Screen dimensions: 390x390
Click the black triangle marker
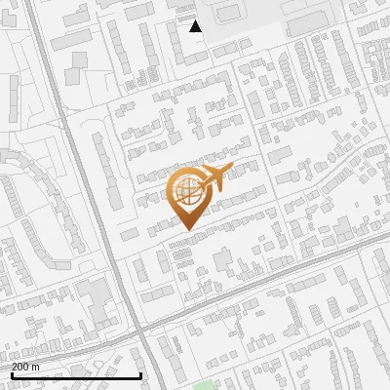click(x=196, y=26)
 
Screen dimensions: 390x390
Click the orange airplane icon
click(x=214, y=179)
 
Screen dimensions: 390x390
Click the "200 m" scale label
click(x=26, y=367)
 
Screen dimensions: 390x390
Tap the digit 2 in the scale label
click(x=16, y=367)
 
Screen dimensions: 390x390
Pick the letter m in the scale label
click(x=36, y=368)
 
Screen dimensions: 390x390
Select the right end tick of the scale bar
click(x=141, y=374)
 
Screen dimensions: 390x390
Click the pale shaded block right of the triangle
click(x=244, y=21)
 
